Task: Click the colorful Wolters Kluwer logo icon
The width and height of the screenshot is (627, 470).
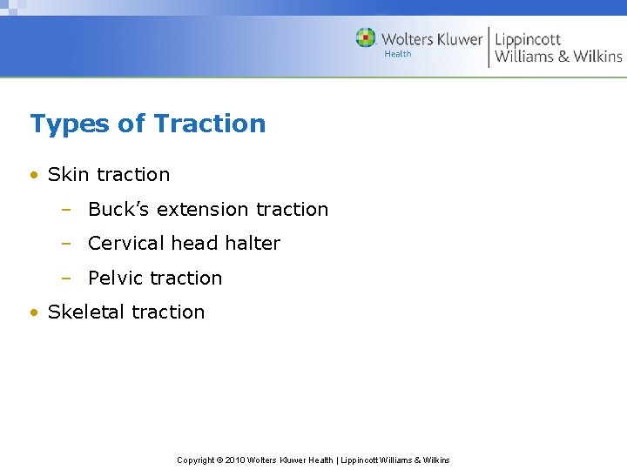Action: coord(366,37)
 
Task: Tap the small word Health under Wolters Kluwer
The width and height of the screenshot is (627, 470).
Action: coord(398,54)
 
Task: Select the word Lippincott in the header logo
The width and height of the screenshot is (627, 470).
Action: coord(528,39)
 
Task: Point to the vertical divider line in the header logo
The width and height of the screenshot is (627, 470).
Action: coord(489,47)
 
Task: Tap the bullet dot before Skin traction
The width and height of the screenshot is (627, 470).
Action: coord(34,175)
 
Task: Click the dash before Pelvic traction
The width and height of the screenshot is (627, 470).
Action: coord(66,279)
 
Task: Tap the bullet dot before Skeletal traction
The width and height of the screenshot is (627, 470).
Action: coord(34,312)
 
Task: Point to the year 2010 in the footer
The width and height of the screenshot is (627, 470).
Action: coord(236,460)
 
